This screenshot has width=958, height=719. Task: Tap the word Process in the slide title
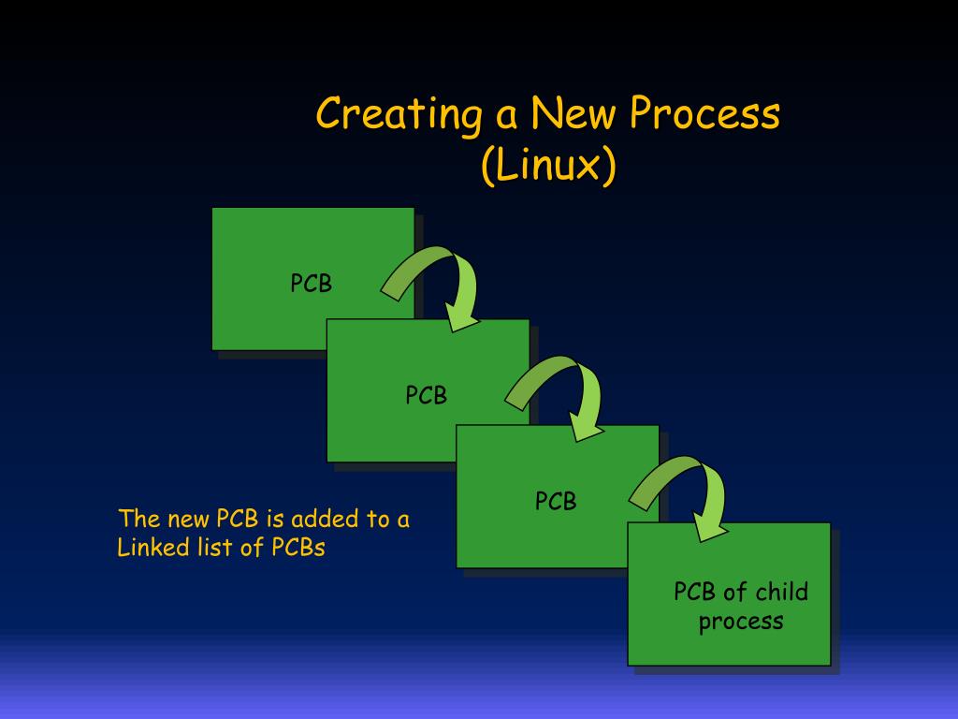[704, 115]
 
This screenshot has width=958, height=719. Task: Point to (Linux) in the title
[549, 167]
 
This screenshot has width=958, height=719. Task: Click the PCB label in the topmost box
[311, 284]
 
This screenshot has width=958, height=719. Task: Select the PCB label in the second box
[426, 396]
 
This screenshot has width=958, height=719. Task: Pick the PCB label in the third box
[556, 502]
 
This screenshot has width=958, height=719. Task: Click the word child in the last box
[781, 593]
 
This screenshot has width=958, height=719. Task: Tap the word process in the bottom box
[741, 621]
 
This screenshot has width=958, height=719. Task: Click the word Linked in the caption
[148, 548]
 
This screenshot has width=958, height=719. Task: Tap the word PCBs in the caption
[298, 548]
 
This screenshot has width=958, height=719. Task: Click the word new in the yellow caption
[188, 520]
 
